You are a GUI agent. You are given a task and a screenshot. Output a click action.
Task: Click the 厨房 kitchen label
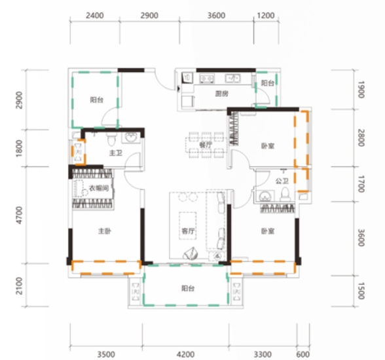pos(222,94)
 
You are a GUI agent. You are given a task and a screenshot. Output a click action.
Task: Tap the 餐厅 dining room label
pos(206,145)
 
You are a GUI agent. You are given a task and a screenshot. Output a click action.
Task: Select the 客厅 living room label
pos(188,231)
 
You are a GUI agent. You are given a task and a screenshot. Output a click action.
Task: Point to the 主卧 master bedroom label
pos(105,231)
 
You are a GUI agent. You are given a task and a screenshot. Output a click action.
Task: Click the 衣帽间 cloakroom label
pos(99,189)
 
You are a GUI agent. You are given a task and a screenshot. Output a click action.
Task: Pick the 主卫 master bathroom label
pos(116,153)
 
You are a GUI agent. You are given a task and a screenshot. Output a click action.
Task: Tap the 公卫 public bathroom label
pos(282,181)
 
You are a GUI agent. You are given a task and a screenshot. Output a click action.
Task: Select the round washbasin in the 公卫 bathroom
pos(265,196)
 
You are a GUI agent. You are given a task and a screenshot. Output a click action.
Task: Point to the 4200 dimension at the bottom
pos(186,354)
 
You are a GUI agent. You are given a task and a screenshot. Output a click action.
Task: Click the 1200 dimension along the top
pos(266,16)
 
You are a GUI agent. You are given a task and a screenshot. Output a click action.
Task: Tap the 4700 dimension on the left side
pos(19,215)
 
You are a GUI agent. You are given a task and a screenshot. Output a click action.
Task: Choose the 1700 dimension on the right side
pos(361,184)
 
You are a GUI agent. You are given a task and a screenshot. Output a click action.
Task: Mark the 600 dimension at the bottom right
pos(302,354)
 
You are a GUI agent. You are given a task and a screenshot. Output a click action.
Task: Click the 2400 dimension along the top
pos(95,16)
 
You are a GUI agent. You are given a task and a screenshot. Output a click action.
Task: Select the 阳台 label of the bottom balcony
pos(188,289)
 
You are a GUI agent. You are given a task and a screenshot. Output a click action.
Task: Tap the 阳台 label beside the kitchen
pos(267,83)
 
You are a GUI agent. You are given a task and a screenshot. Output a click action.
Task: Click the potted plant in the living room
pos(191,253)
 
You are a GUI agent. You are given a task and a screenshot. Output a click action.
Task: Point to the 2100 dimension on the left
pos(19,286)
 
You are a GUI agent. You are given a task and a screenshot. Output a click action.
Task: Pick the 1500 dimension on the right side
pos(361,291)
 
